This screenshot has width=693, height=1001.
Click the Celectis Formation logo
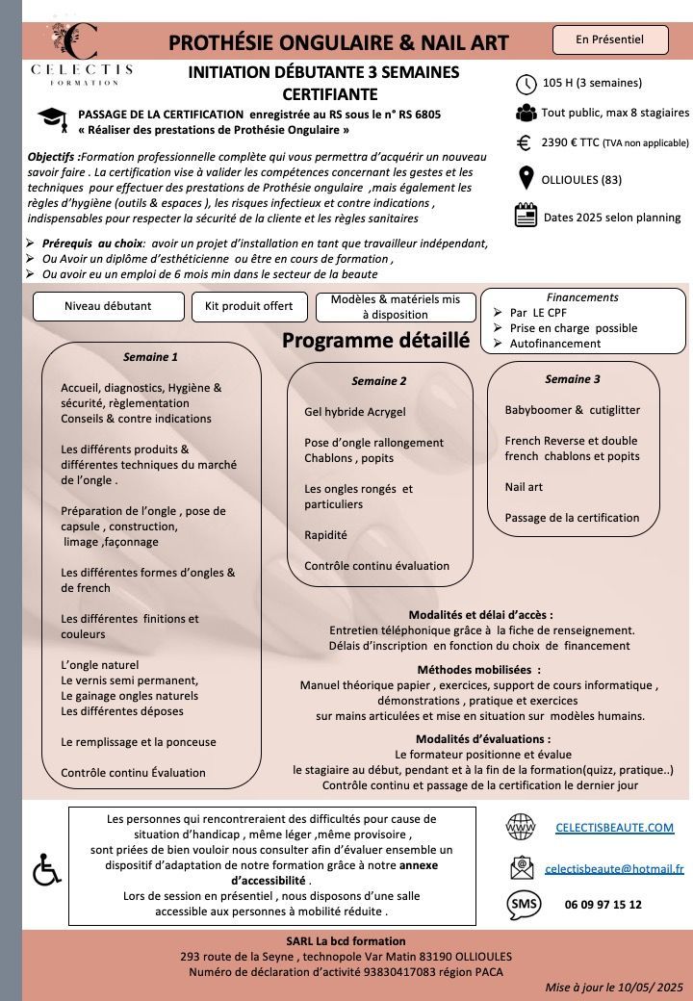pyautogui.click(x=82, y=53)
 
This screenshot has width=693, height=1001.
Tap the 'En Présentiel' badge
pyautogui.click(x=610, y=39)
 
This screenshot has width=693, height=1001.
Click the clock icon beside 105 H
pyautogui.click(x=526, y=83)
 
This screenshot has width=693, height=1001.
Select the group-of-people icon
pyautogui.click(x=526, y=113)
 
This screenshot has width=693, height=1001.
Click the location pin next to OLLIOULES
pyautogui.click(x=526, y=179)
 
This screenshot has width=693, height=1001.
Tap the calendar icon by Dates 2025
pyautogui.click(x=526, y=216)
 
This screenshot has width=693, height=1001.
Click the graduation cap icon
pyautogui.click(x=52, y=118)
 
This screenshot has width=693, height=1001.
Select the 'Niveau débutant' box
pyautogui.click(x=108, y=306)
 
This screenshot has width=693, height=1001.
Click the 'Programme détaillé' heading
pyautogui.click(x=375, y=341)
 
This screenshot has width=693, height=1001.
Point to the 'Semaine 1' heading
pyautogui.click(x=151, y=357)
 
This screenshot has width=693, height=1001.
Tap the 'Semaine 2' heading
pyautogui.click(x=379, y=381)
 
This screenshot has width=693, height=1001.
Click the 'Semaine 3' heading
pyautogui.click(x=573, y=379)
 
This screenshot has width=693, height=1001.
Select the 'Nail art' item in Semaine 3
pyautogui.click(x=525, y=487)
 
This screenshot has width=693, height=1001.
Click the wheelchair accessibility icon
pyautogui.click(x=46, y=871)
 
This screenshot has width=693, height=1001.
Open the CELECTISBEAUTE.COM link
pyautogui.click(x=615, y=828)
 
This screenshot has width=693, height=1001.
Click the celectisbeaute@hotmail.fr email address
pyautogui.click(x=614, y=868)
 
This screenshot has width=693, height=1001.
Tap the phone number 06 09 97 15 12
pyautogui.click(x=603, y=905)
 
